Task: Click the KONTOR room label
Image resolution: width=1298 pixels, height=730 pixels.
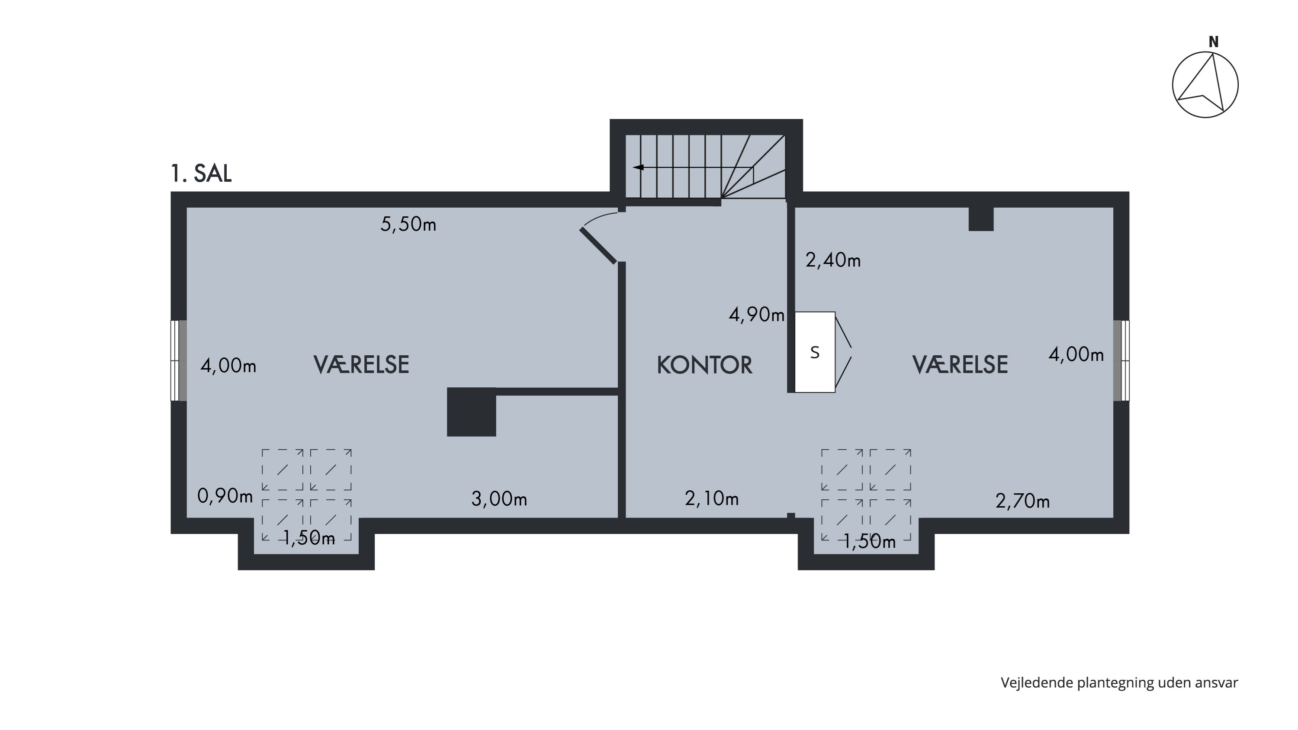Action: pos(704,365)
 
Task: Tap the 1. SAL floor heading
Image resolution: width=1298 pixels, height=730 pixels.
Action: pos(201,174)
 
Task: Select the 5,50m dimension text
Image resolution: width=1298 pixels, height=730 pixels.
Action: pos(408,224)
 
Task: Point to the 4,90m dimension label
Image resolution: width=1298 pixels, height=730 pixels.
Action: pos(756,315)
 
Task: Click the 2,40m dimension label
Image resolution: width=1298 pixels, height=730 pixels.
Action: pos(833,260)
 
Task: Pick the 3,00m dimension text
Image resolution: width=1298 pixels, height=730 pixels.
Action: pos(499,499)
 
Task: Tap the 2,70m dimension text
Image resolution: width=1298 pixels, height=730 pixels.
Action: pos(1023,501)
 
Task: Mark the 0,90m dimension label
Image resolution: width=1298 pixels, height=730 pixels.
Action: pos(225,496)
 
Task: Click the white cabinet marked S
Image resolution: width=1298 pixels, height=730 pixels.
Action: pos(815,352)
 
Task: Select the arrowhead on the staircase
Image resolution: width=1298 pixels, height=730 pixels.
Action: pos(638,167)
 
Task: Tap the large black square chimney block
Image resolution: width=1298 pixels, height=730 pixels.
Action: pos(472,412)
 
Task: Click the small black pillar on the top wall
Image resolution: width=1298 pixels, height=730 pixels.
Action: pos(981,219)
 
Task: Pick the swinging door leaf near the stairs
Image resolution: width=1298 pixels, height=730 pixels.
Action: pos(598,246)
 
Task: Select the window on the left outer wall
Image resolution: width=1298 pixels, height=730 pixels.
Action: pos(179,361)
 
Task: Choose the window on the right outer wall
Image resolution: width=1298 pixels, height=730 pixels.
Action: pos(1121,361)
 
